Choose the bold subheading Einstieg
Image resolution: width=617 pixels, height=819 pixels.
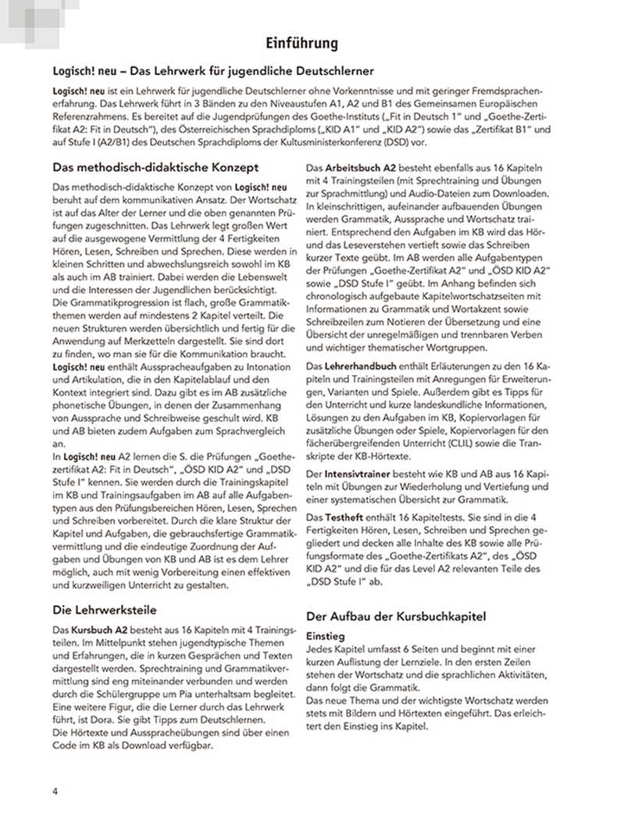(332, 637)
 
